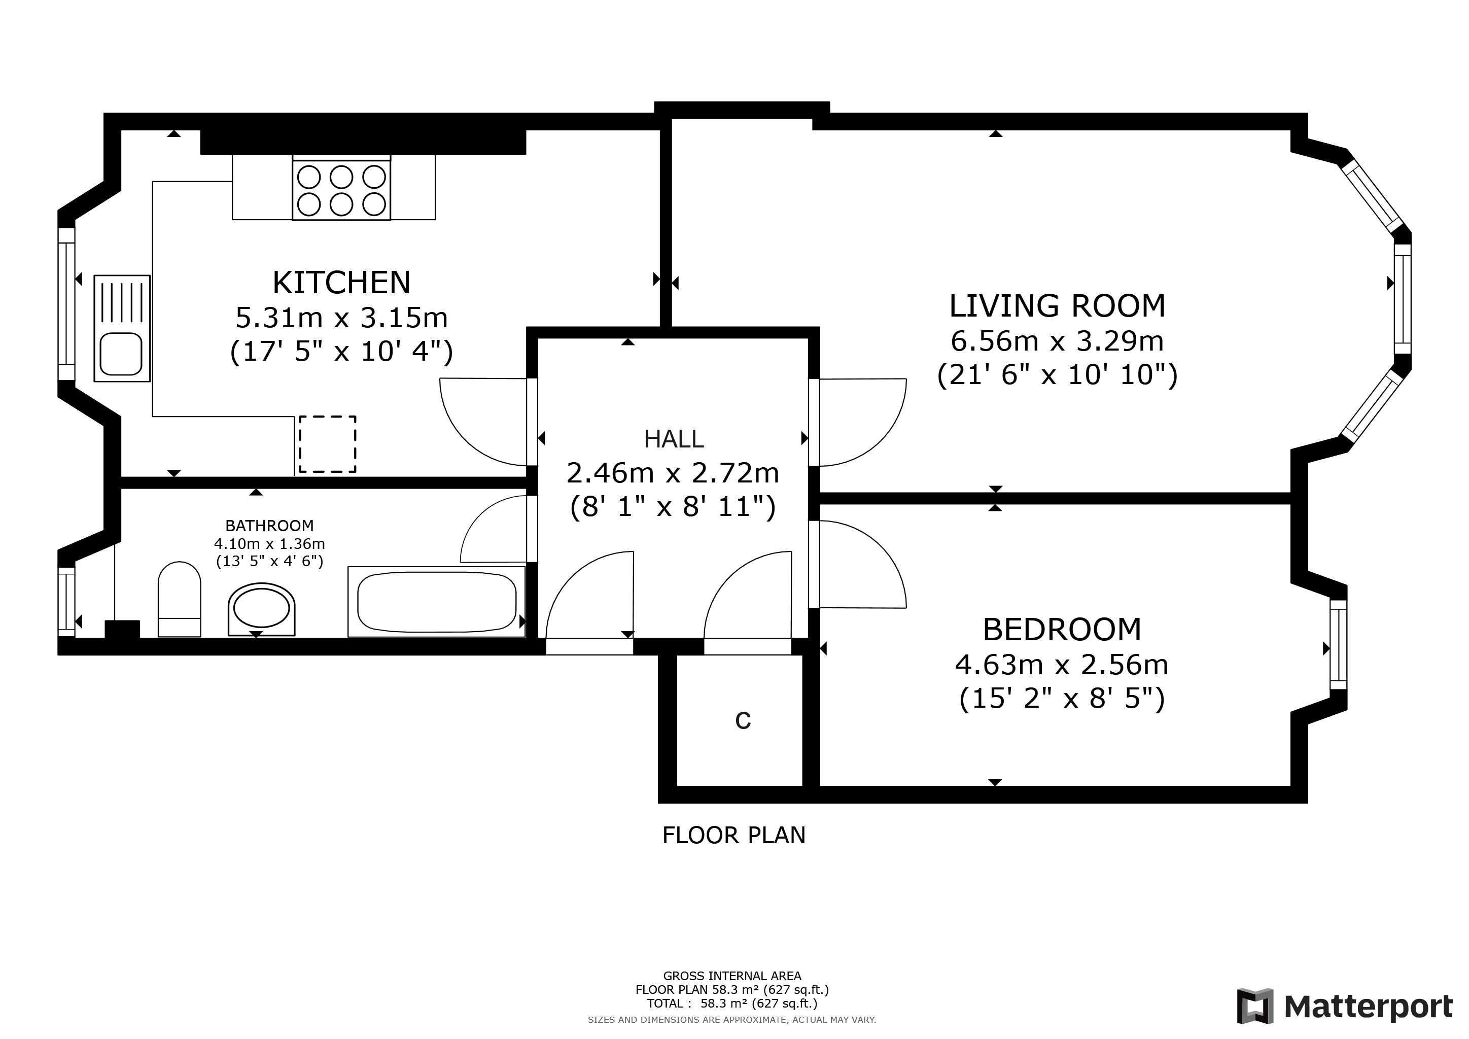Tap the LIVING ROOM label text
click(1057, 306)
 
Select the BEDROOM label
click(1062, 630)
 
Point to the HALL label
click(673, 439)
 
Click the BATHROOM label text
click(269, 526)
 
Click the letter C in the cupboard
click(742, 720)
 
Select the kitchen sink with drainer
click(122, 329)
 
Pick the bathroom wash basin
click(261, 608)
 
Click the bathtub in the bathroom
click(436, 601)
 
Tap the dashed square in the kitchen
click(328, 444)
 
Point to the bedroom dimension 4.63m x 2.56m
click(1062, 665)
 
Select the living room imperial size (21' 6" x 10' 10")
click(1057, 375)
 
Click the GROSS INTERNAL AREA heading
click(732, 976)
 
